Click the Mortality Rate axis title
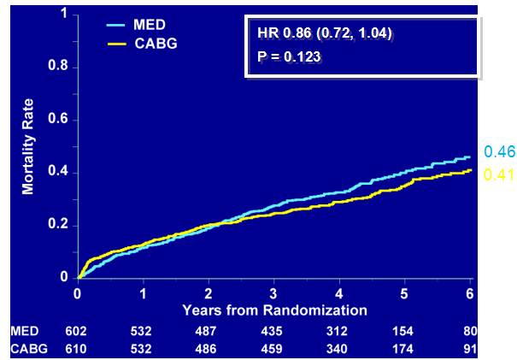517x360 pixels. tap(28, 146)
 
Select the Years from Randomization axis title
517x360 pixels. tap(274, 310)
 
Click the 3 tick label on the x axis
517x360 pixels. tap(273, 292)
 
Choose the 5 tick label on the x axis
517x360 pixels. tap(404, 292)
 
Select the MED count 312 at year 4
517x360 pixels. tap(339, 332)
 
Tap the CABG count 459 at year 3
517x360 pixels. tap(273, 349)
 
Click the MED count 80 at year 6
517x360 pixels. tap(469, 332)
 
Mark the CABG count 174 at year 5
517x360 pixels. tap(404, 349)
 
